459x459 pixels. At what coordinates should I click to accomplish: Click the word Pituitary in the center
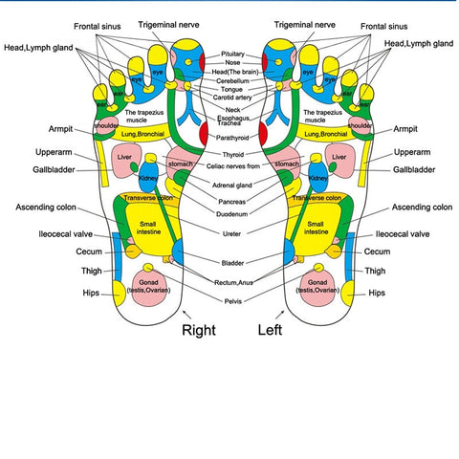[x=232, y=55]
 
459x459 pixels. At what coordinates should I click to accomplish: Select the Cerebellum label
[x=232, y=81]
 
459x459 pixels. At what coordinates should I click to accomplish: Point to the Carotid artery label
[x=232, y=98]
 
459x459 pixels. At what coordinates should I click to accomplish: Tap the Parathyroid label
[x=232, y=139]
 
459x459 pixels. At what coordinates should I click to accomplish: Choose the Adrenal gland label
[x=232, y=185]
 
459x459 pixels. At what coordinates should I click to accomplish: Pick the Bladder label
[x=232, y=262]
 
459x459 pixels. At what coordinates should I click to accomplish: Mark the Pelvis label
[x=232, y=300]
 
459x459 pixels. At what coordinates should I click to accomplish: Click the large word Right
[x=199, y=330]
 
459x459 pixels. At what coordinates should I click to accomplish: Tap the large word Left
[x=272, y=330]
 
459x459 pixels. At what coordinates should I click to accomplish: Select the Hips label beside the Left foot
[x=379, y=293]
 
